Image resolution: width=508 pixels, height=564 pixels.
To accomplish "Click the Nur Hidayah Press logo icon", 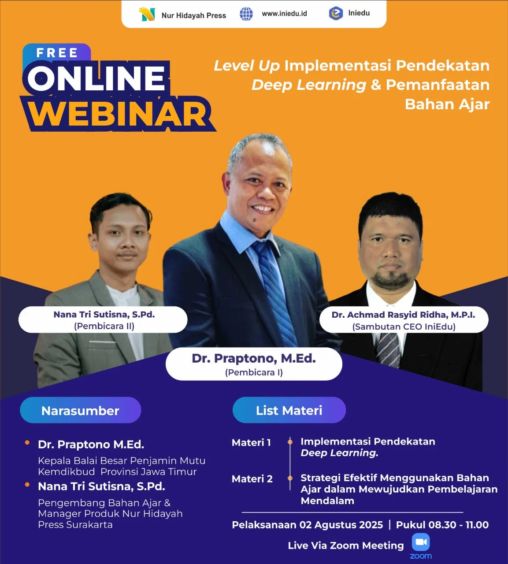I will pos(147,15).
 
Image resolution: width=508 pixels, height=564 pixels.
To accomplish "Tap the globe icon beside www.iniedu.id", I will pos(246,14).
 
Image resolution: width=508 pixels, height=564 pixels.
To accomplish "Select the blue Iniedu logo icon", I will pos(336,14).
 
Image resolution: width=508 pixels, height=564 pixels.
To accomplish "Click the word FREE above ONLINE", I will pos(57,53).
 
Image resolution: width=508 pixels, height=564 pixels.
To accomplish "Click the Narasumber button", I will pos(80,410).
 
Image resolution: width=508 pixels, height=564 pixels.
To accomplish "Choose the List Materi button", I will pos(289,410).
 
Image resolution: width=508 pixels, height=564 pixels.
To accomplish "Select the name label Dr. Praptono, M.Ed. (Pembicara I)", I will pos(254,364).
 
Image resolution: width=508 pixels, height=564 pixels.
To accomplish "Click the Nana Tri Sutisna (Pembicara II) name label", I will pos(103,320).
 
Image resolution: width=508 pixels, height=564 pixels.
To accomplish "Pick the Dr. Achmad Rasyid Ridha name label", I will pos(404,320).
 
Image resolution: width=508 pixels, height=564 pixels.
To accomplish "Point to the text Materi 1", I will pos(251,442).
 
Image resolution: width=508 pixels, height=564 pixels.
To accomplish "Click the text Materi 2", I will pos(252,479).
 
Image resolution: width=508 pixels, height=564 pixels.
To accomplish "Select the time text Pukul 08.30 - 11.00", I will pos(442,525).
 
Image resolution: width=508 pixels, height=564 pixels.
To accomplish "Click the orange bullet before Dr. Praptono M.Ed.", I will pos(27,442).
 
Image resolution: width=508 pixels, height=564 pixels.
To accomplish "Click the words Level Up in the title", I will pos(247,66).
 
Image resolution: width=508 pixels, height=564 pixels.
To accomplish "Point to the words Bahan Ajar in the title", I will pos(447,104).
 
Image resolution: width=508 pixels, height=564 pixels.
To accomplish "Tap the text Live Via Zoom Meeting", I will pos(345,545).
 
